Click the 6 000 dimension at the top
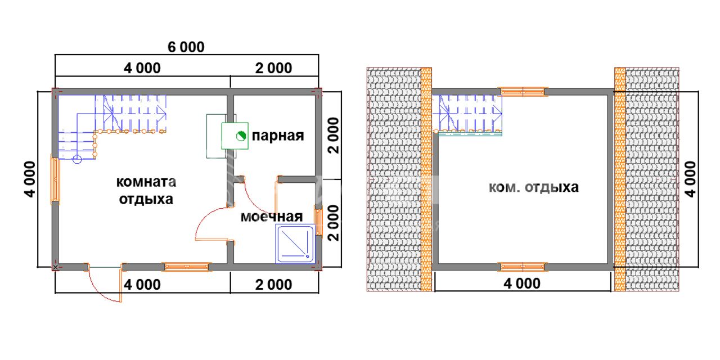[186, 47]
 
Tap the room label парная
[277, 136]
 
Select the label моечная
[272, 217]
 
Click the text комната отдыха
[146, 191]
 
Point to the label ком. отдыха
[533, 187]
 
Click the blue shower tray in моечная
[295, 244]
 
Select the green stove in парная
[235, 136]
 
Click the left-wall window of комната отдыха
[55, 179]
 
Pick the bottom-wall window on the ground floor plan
[186, 267]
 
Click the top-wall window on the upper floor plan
[523, 91]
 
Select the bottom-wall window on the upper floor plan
[523, 267]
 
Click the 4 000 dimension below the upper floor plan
[522, 283]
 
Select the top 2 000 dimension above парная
[273, 68]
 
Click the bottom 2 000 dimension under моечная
[273, 285]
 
